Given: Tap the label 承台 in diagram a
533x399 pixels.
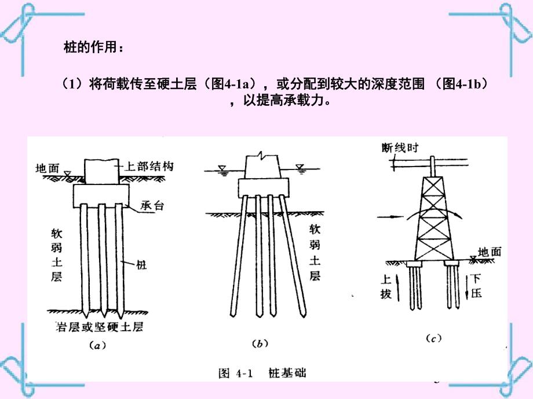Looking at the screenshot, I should point(150,205).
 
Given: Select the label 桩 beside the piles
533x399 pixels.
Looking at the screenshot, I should point(142,265).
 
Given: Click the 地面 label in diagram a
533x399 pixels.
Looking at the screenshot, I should point(48,169).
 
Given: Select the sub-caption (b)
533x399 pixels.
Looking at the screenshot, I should point(261,344).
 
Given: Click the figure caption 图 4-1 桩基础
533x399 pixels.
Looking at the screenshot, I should point(262,373).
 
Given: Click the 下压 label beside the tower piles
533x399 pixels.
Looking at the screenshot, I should point(476,286).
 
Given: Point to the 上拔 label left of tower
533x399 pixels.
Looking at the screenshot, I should point(386,286).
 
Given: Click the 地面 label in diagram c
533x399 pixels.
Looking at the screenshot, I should point(490,252).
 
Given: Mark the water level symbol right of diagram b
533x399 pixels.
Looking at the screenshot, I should point(300,168).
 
